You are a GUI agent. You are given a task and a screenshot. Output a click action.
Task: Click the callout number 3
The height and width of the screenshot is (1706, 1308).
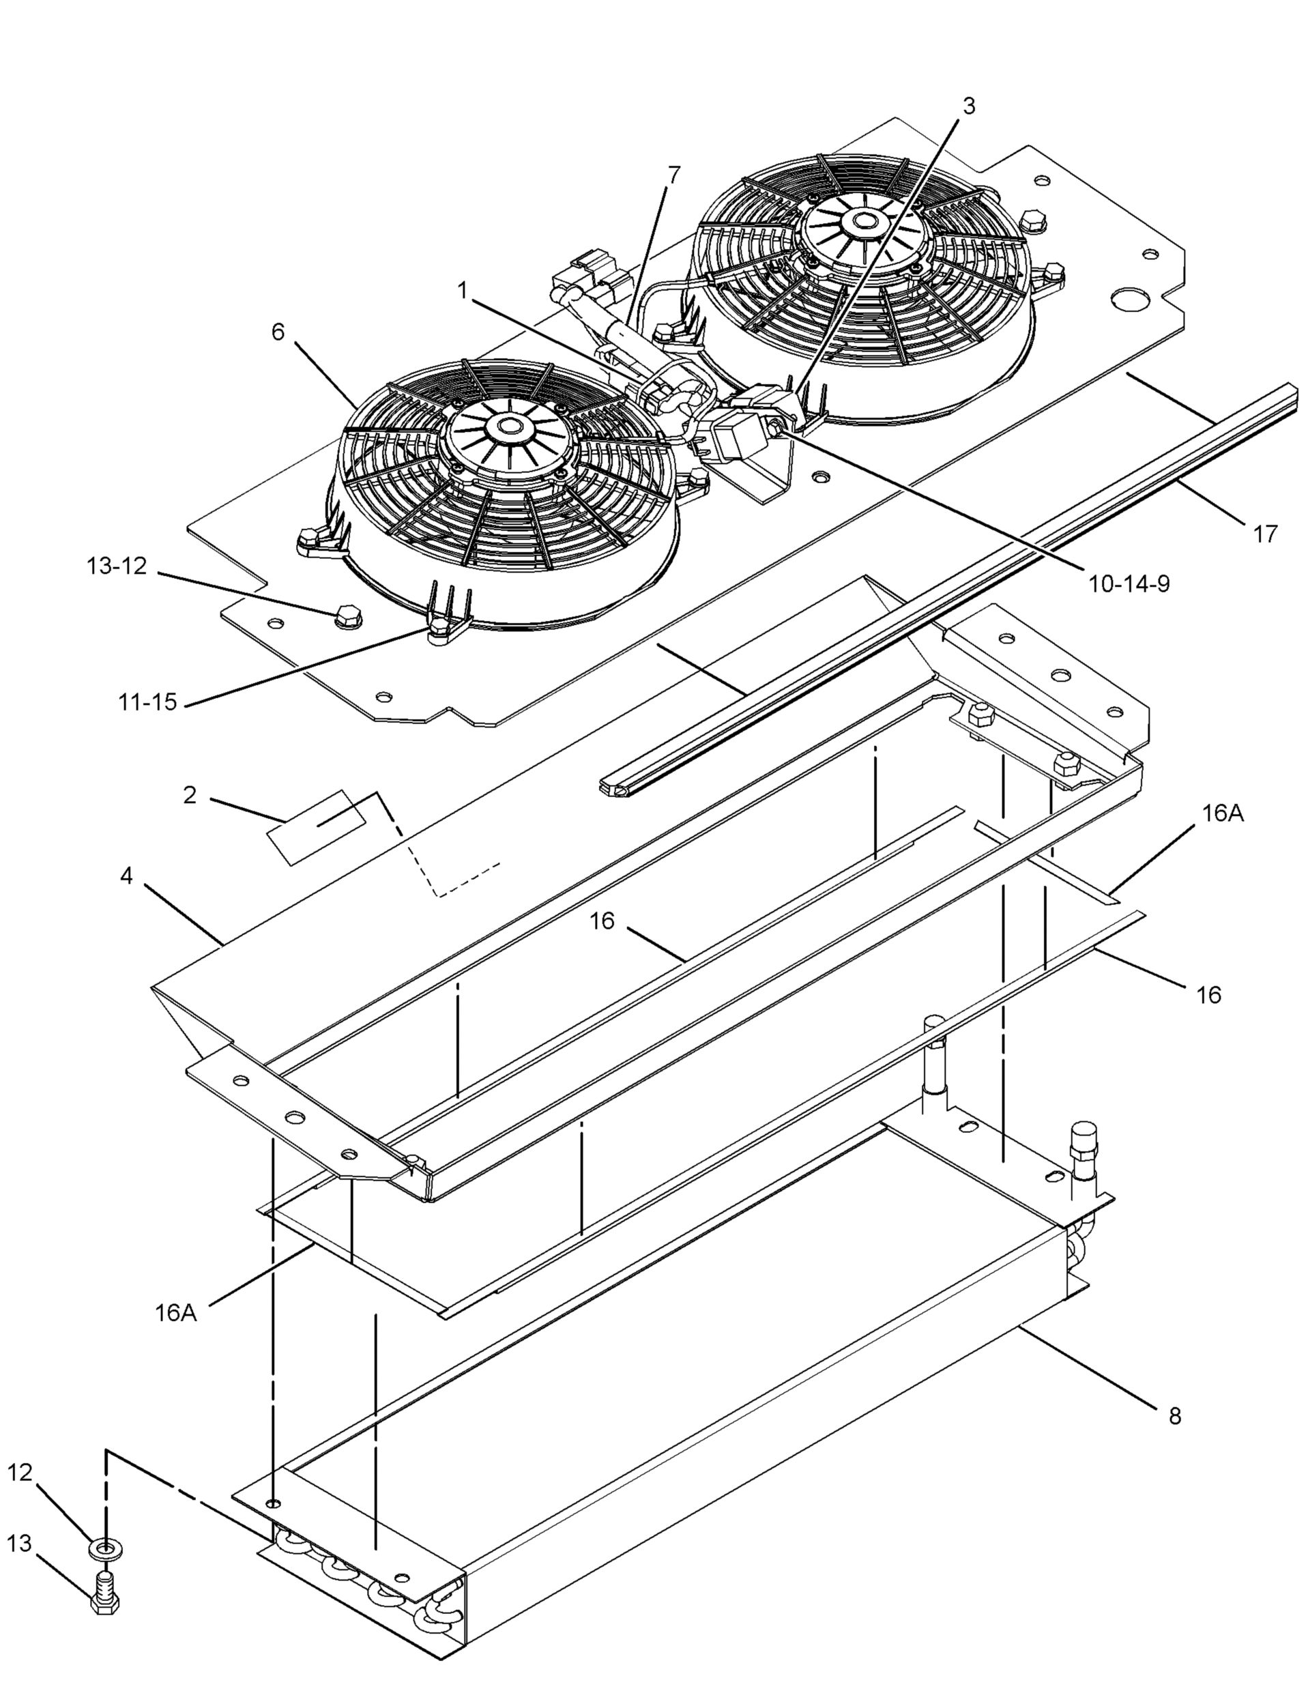[968, 106]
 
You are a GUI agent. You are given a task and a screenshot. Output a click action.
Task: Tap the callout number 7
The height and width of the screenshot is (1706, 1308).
[674, 175]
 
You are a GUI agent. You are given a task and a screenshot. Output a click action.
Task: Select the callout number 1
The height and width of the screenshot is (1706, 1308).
[463, 291]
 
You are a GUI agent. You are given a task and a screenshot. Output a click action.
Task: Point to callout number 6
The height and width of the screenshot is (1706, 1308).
[278, 332]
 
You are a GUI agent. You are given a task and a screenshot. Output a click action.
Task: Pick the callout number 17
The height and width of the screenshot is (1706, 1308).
[1266, 534]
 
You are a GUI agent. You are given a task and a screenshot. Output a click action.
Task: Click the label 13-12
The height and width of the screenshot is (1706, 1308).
[117, 566]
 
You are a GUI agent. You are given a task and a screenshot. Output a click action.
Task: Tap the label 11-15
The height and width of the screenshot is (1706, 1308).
[148, 702]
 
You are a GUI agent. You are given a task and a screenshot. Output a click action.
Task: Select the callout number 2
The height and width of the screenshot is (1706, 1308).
[190, 795]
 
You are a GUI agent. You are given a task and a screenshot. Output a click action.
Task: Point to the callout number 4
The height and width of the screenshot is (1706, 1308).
[126, 876]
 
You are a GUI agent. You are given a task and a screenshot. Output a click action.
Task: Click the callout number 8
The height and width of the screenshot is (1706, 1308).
[1175, 1415]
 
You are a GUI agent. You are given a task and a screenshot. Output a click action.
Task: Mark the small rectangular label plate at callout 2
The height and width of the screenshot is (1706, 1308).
[316, 826]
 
